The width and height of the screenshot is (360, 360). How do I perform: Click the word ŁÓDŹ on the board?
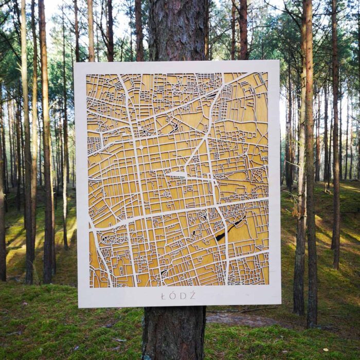(x=178, y=296)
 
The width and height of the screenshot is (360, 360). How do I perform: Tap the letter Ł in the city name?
(x=164, y=296)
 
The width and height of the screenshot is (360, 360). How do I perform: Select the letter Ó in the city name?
(x=173, y=295)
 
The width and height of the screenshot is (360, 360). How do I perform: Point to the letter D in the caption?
(x=183, y=296)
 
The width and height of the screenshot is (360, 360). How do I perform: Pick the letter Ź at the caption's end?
(x=192, y=295)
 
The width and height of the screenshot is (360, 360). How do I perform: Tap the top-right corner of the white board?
(x=279, y=61)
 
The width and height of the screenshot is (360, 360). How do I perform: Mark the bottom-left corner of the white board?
(x=79, y=307)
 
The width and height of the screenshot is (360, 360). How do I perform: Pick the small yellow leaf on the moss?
(x=325, y=350)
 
